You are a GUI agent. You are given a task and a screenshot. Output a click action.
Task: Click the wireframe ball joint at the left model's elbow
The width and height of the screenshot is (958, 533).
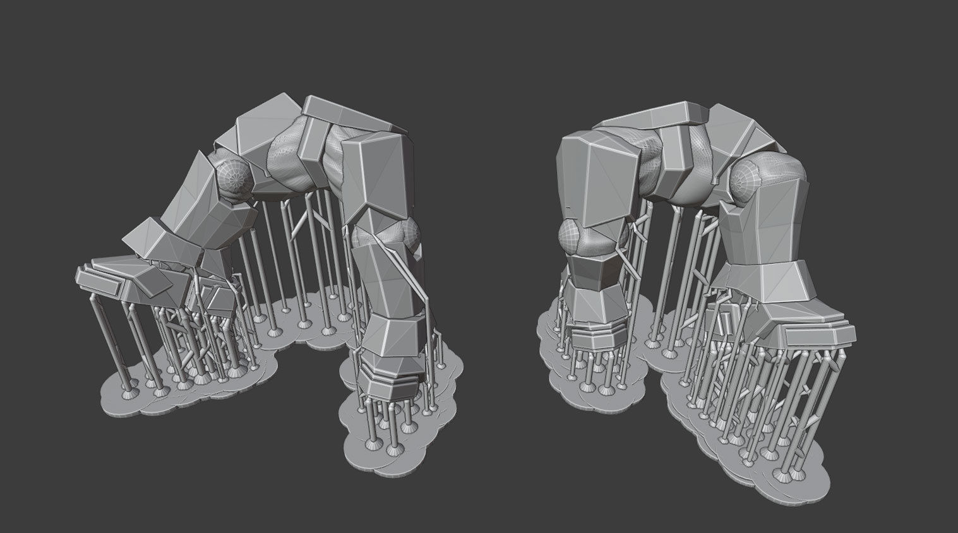[231, 179]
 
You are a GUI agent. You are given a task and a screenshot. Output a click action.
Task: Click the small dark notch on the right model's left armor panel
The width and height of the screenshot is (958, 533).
[569, 206]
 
